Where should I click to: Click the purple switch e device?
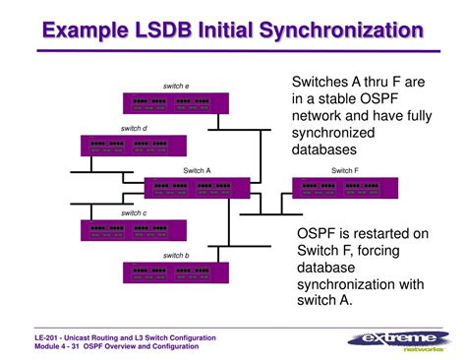[x=176, y=102]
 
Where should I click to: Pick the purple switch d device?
[x=127, y=145]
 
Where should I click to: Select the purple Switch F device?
[x=344, y=187]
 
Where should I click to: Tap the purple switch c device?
[x=126, y=229]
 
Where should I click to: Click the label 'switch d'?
[x=134, y=128]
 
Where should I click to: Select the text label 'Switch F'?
[x=345, y=170]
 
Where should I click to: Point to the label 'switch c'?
[x=134, y=212]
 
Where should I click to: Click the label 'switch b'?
[x=176, y=255]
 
